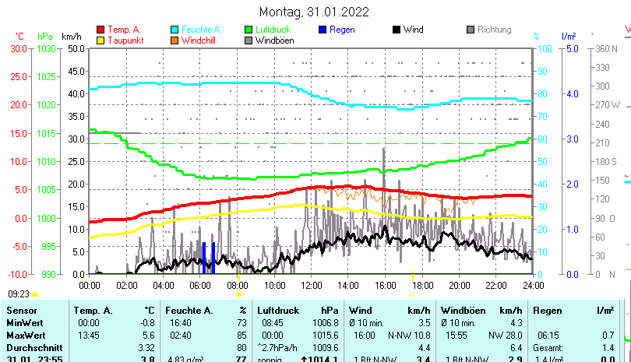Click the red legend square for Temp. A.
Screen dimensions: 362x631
click(100, 30)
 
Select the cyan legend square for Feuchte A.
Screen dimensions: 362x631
click(175, 30)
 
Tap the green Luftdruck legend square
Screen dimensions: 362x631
click(249, 30)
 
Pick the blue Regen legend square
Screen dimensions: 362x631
click(323, 30)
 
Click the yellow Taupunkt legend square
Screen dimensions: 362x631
click(100, 40)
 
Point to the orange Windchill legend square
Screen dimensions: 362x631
click(175, 40)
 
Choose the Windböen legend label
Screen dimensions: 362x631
click(274, 40)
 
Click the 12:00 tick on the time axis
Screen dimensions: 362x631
click(311, 285)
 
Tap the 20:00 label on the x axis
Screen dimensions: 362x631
click(459, 285)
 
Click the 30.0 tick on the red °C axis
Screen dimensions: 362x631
click(19, 48)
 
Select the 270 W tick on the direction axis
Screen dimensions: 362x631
click(608, 105)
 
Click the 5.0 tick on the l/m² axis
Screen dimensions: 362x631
click(569, 48)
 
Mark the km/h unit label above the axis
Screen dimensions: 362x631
click(71, 36)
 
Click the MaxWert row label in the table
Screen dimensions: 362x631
click(25, 335)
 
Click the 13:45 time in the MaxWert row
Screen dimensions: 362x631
click(88, 335)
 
